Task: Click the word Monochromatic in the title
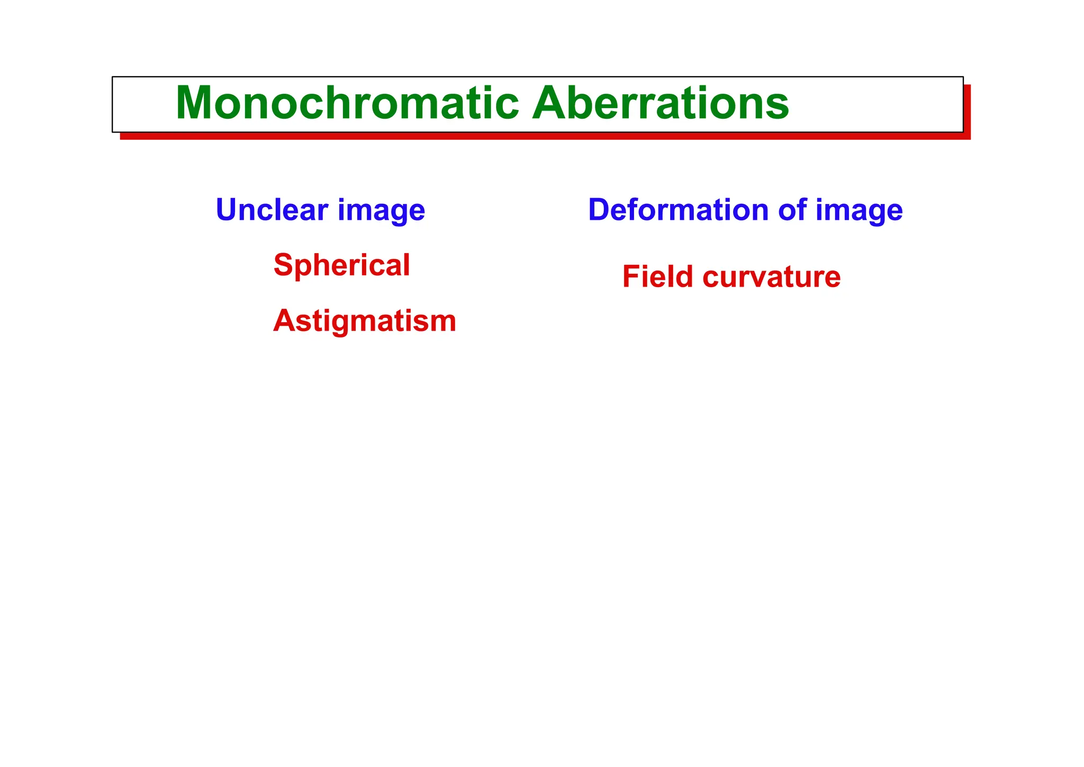(x=347, y=103)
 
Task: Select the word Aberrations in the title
(x=661, y=103)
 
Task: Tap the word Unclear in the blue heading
(x=272, y=210)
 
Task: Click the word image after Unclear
(x=381, y=211)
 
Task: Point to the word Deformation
(x=678, y=210)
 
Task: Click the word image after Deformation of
(x=859, y=211)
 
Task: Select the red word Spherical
(x=341, y=265)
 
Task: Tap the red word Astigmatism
(x=364, y=321)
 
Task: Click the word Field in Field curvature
(x=657, y=277)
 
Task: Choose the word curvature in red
(x=771, y=278)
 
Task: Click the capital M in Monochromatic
(x=194, y=103)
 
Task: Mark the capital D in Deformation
(x=600, y=210)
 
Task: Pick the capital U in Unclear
(x=227, y=210)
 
